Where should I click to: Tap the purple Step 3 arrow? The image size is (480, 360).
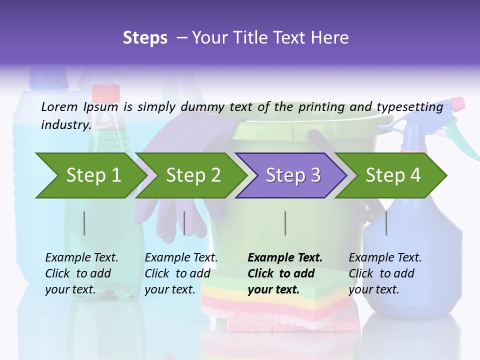293,175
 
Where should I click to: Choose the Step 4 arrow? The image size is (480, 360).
393,175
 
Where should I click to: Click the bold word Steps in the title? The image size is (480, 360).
145,37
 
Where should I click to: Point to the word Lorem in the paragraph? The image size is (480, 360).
59,106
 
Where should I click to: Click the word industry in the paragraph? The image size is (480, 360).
65,124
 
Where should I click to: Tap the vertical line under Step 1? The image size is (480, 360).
84,223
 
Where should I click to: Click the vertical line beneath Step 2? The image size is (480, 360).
184,223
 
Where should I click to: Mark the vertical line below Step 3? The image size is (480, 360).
285,223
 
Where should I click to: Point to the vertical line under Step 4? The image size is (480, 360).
386,223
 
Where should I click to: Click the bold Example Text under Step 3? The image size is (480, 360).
285,258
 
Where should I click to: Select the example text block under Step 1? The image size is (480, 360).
81,273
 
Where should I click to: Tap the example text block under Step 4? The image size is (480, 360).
385,273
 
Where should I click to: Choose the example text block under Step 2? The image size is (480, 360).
181,273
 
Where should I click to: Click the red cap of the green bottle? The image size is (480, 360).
106,92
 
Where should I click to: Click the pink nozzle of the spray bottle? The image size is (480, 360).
457,104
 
